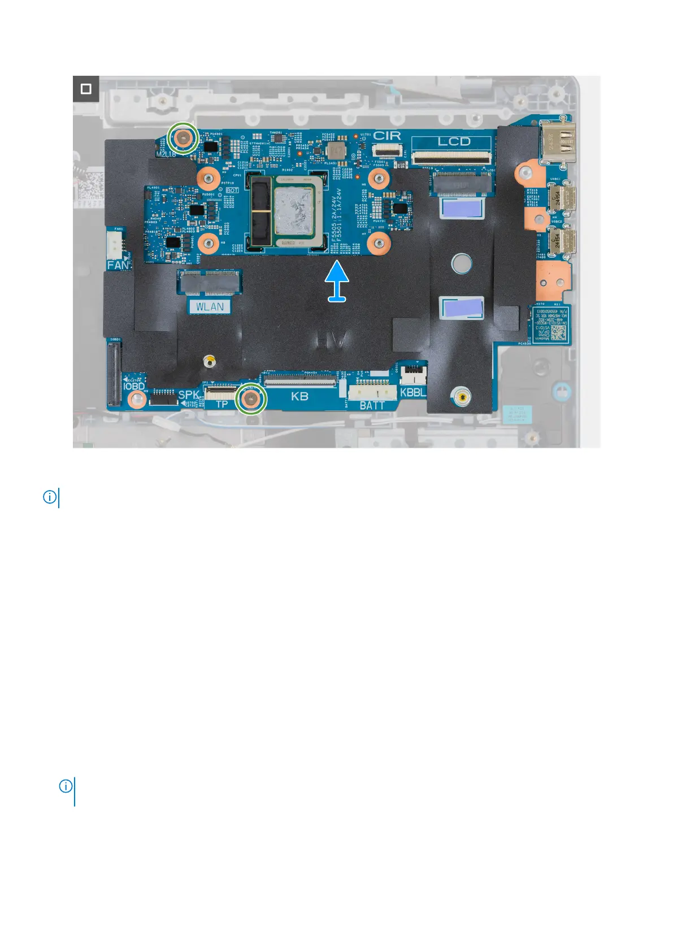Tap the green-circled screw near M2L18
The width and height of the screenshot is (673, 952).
pyautogui.click(x=184, y=137)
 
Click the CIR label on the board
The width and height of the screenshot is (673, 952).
pyautogui.click(x=387, y=136)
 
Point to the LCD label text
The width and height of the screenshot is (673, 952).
pyautogui.click(x=454, y=141)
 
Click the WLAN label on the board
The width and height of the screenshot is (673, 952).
pyautogui.click(x=210, y=307)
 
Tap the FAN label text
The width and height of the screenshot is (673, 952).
pyautogui.click(x=118, y=265)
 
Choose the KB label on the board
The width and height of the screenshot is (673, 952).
pyautogui.click(x=299, y=396)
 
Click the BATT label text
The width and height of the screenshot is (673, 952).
pyautogui.click(x=372, y=405)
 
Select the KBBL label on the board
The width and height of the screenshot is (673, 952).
pyautogui.click(x=413, y=392)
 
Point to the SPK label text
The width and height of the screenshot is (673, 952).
pyautogui.click(x=189, y=395)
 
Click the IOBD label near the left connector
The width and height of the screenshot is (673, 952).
pyautogui.click(x=134, y=387)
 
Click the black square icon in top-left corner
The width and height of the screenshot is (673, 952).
pyautogui.click(x=86, y=89)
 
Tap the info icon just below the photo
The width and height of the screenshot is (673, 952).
pyautogui.click(x=50, y=497)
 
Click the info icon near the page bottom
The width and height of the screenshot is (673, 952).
pyautogui.click(x=66, y=786)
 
